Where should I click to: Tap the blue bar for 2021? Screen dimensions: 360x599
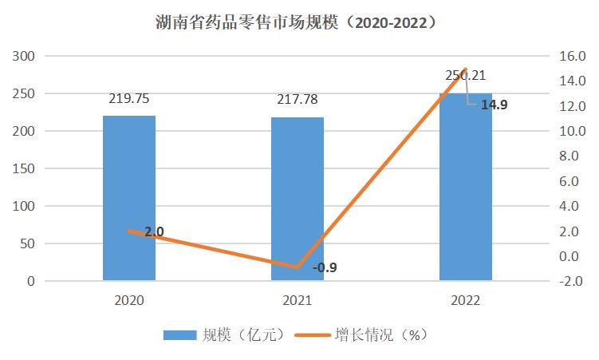click(298, 199)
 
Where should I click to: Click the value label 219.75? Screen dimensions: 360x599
click(129, 100)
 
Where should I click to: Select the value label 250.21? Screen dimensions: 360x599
click(466, 76)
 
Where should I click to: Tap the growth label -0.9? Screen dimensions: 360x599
click(325, 267)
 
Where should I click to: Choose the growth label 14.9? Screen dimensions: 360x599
click(494, 104)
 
